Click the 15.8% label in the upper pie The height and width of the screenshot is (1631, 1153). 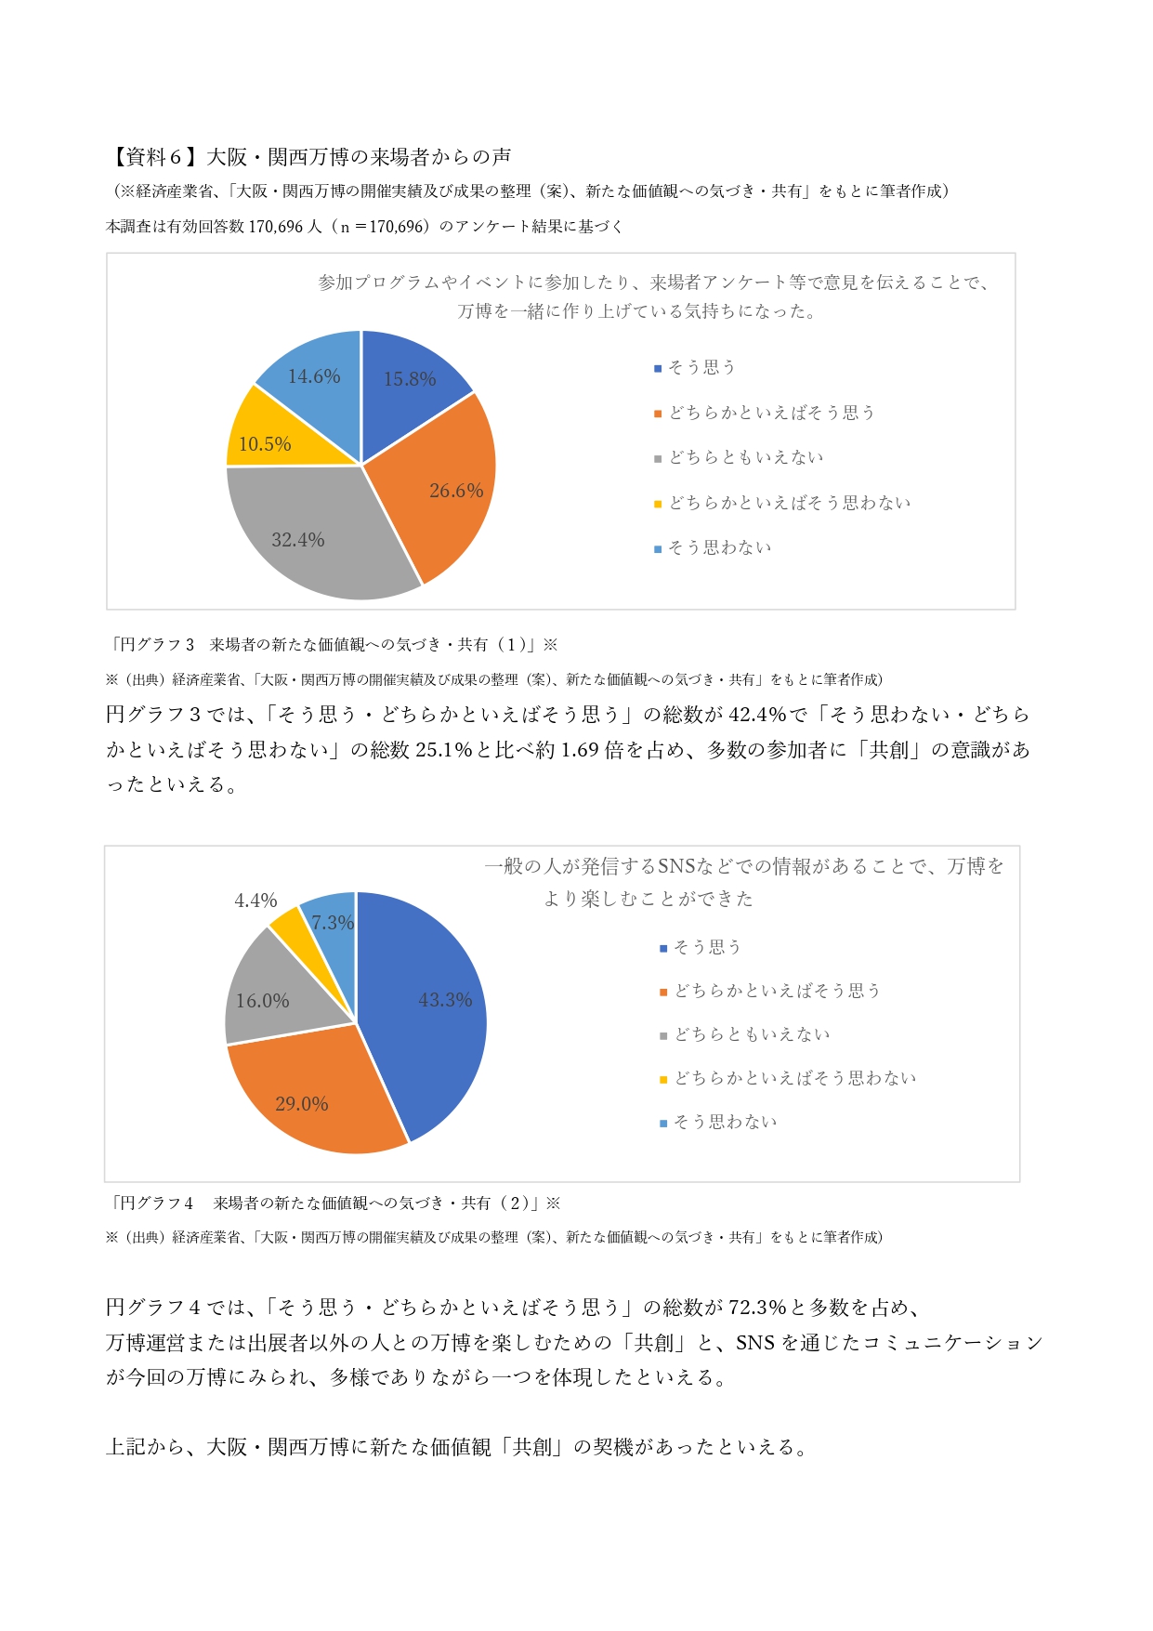coord(410,379)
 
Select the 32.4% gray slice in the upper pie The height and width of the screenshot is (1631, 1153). coord(307,530)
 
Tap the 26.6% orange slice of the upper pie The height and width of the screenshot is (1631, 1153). coord(446,483)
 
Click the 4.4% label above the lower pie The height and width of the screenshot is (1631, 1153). coord(255,901)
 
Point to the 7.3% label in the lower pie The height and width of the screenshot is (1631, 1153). coord(332,923)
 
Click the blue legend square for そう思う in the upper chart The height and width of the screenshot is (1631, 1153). coord(658,369)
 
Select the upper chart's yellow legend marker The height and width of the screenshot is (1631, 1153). coord(658,505)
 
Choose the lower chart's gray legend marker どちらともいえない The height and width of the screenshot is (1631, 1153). coord(663,1036)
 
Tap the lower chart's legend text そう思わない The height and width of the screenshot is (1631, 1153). coord(725,1123)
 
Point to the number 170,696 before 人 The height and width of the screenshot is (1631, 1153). coord(276,227)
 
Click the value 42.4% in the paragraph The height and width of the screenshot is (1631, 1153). coord(756,715)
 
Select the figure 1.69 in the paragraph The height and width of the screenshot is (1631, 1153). coord(580,750)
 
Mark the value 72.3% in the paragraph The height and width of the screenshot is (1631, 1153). coord(757,1308)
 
